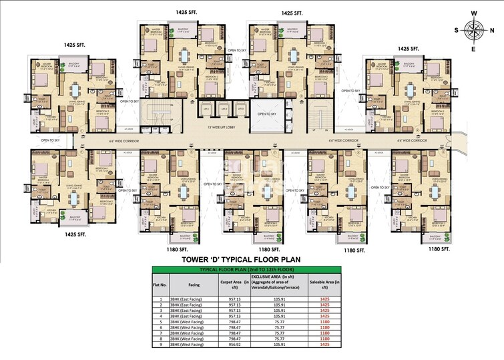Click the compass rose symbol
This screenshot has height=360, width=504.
point(475,30)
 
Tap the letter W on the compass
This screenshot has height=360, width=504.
point(475,12)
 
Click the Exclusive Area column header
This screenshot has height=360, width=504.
point(279,283)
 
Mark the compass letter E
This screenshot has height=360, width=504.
point(475,49)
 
